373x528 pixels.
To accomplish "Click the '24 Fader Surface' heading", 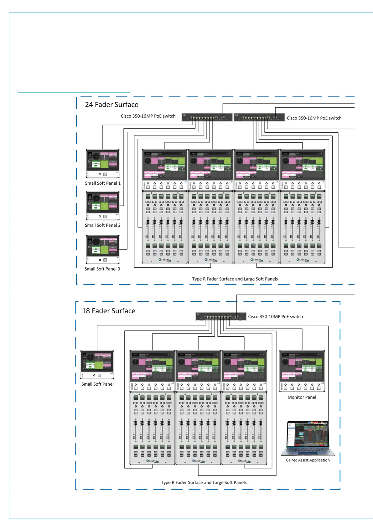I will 111,105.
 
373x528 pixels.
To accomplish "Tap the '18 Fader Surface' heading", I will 108,311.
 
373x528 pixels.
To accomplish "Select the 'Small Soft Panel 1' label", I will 103,183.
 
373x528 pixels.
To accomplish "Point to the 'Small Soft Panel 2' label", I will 102,225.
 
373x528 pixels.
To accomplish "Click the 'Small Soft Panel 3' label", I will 102,269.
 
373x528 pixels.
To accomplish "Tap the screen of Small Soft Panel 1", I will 103,160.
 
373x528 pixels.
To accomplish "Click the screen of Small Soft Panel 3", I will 103,246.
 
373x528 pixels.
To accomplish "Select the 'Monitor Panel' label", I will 302,397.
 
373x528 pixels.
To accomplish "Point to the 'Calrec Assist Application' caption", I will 308,460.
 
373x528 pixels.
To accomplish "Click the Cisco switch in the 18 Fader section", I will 221,316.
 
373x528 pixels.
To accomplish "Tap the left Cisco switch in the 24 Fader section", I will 207,117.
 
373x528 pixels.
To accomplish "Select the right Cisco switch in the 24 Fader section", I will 259,117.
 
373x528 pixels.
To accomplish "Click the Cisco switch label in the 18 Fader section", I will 275,317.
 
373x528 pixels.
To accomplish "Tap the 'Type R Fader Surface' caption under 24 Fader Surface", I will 235,279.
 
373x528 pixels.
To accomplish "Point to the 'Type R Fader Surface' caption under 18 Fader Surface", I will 204,483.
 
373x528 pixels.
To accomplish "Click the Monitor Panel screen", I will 302,366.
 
